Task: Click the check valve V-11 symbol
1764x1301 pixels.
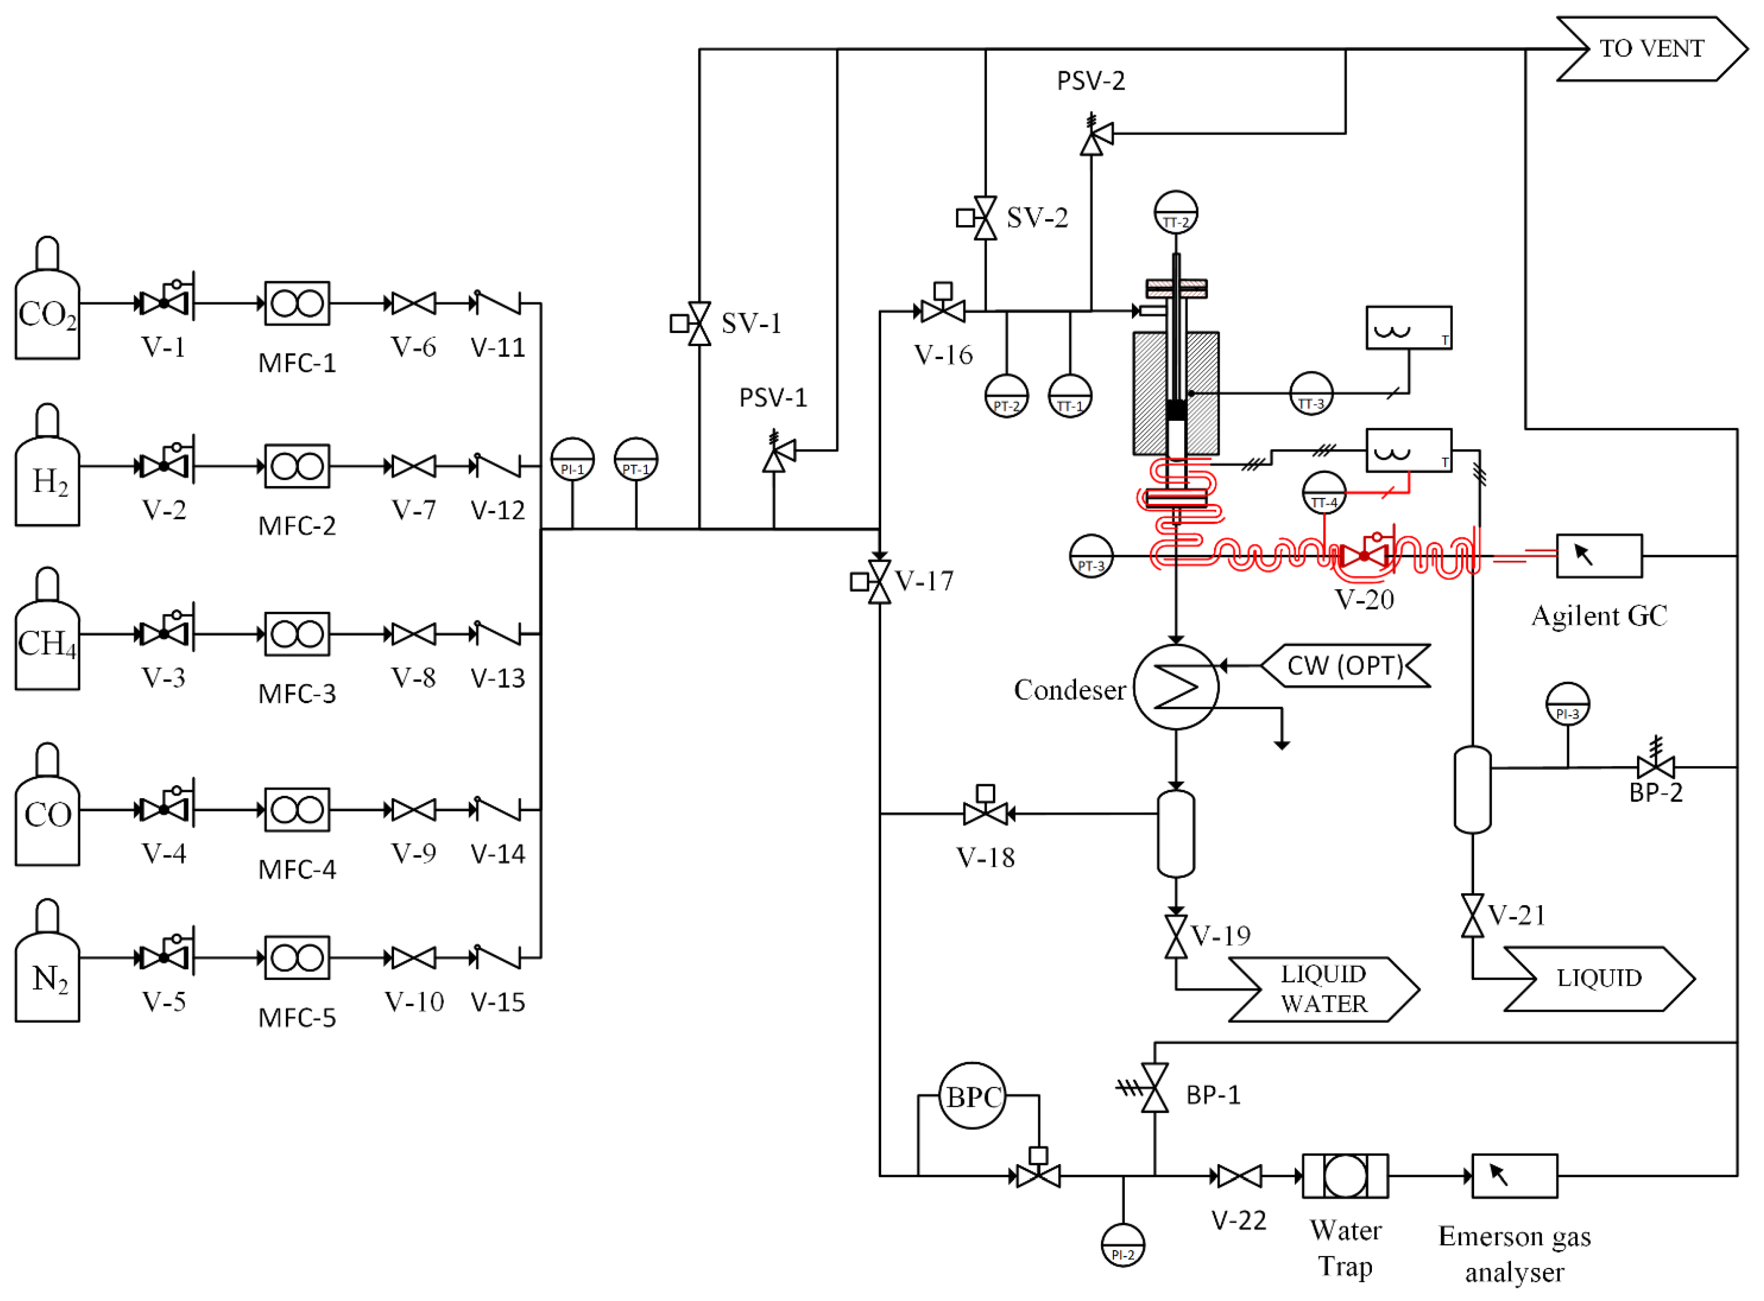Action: [496, 303]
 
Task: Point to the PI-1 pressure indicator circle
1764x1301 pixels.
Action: [572, 460]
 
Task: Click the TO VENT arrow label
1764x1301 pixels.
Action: [1650, 49]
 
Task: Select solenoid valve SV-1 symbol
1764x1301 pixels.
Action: [699, 324]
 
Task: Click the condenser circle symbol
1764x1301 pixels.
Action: [1176, 688]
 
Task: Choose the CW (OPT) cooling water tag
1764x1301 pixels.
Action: [1345, 666]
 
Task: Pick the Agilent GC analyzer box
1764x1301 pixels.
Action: [1599, 556]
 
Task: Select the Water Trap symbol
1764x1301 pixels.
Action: [1345, 1177]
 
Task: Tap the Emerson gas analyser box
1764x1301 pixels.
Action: [1514, 1177]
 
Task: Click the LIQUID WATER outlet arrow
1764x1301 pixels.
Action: [1324, 989]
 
